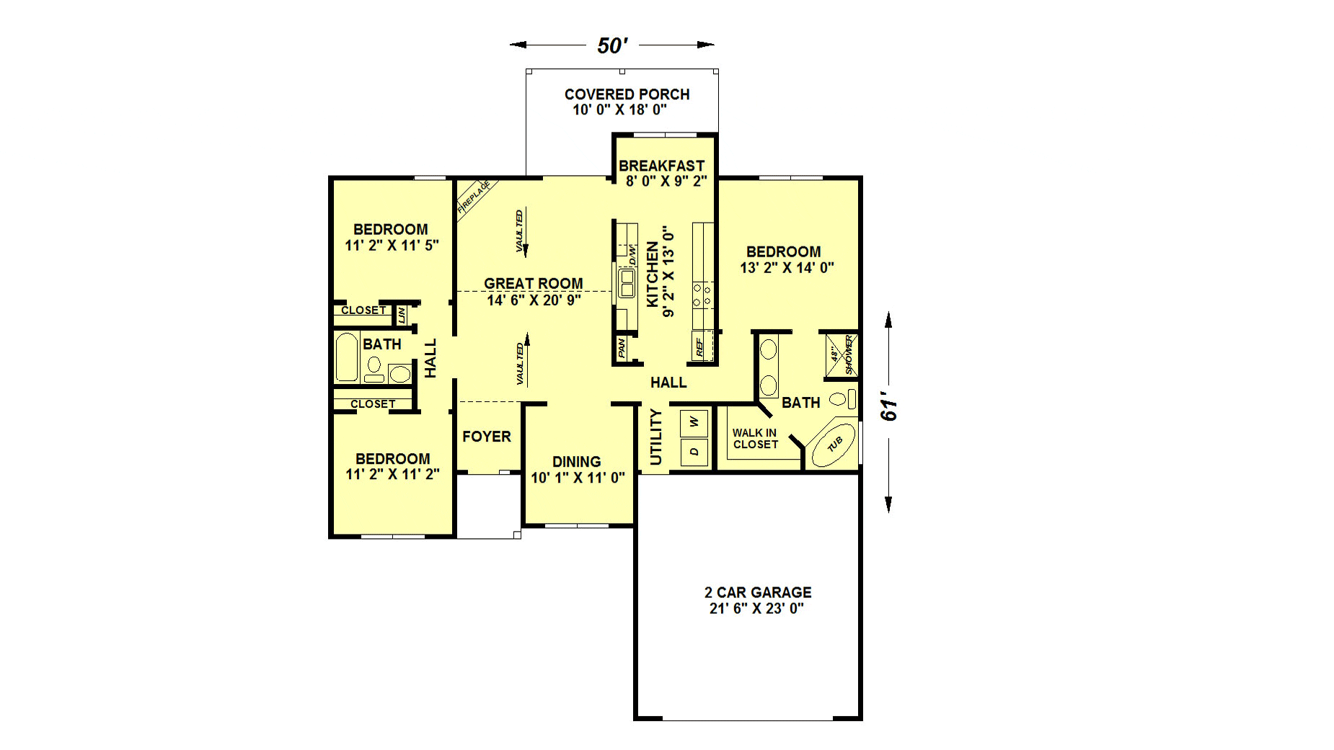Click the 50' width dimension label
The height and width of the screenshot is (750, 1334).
pos(612,45)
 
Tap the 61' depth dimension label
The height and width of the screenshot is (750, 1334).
pos(889,407)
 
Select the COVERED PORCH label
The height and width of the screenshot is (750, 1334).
pos(627,94)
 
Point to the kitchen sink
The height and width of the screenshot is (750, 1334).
pos(627,282)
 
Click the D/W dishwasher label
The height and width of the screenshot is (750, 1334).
pos(632,254)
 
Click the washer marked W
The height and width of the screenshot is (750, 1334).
pos(694,421)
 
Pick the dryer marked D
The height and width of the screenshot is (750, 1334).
pos(694,452)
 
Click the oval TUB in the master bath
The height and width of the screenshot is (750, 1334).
pos(834,445)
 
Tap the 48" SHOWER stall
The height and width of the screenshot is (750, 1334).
pos(842,354)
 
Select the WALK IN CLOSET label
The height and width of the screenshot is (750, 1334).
pos(755,439)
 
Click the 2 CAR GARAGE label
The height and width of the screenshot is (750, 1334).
pos(758,592)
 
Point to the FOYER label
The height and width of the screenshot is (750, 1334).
pos(487,437)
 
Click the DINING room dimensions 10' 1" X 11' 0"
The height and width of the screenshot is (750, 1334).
pos(578,478)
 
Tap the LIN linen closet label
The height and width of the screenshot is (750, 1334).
pos(402,315)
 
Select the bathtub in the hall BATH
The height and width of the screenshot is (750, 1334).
pos(347,357)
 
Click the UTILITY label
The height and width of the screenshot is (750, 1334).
pos(655,437)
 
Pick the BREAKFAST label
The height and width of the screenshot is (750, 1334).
pos(661,166)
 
